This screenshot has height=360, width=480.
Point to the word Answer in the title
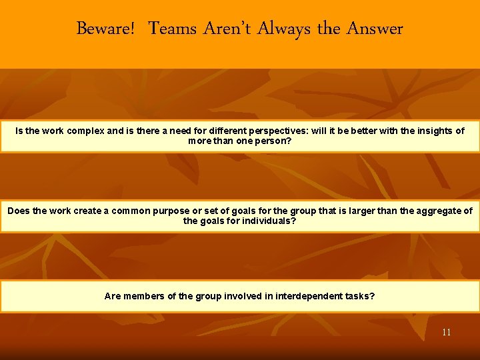[x=375, y=29]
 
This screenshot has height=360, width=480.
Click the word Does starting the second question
[x=19, y=211]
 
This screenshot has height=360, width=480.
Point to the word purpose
[x=170, y=211]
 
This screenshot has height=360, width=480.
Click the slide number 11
[x=446, y=332]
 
